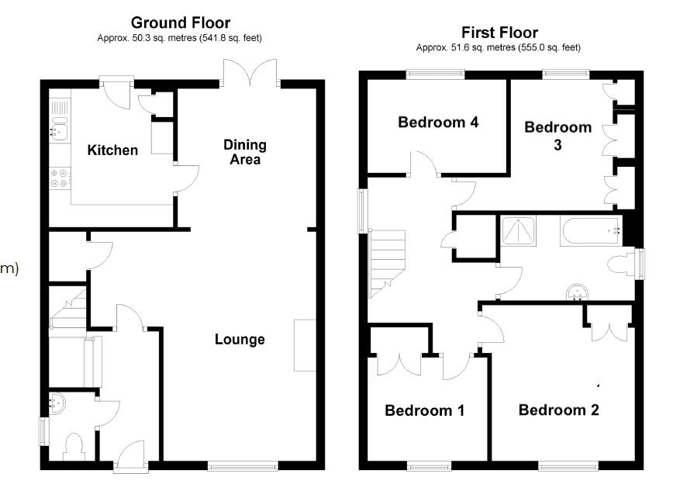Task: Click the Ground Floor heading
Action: click(x=181, y=22)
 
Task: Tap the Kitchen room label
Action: click(x=112, y=150)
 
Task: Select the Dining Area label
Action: click(x=244, y=152)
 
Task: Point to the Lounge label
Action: click(x=240, y=339)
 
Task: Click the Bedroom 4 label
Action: click(x=427, y=123)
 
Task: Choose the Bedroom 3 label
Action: click(x=558, y=135)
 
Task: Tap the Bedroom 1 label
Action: click(x=424, y=410)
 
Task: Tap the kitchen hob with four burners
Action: click(x=59, y=179)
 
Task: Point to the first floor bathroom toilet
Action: click(x=624, y=264)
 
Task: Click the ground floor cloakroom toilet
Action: click(x=74, y=448)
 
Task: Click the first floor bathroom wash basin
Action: click(x=577, y=291)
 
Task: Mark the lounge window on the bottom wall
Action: click(x=243, y=466)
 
